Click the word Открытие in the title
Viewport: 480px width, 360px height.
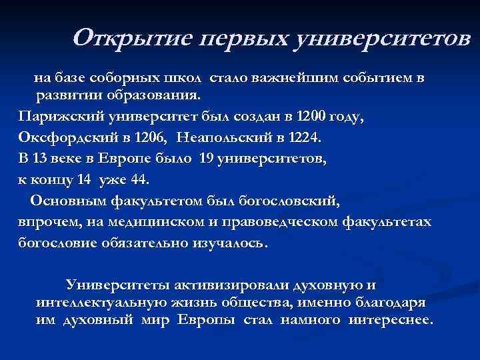130,39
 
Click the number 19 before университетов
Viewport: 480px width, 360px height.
208,159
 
